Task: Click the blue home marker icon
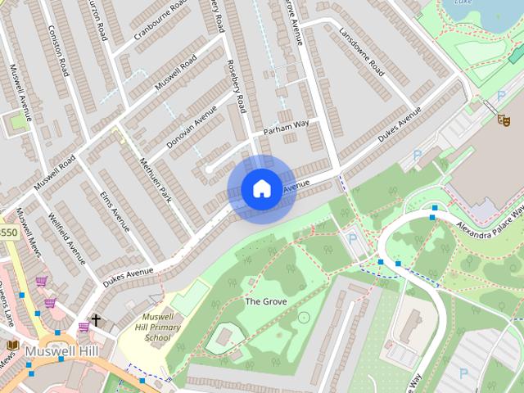(261, 189)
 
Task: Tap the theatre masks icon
(504, 119)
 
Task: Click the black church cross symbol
(96, 320)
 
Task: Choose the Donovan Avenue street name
(192, 126)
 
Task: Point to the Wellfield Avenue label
(65, 234)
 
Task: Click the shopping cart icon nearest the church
(84, 326)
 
